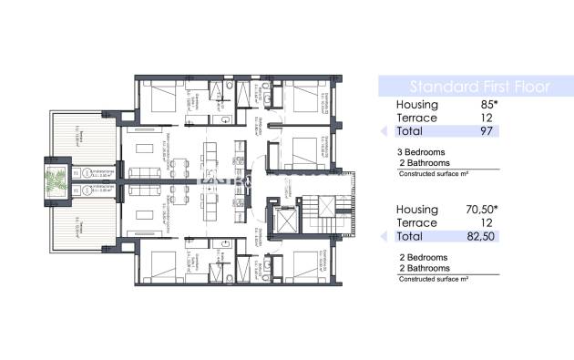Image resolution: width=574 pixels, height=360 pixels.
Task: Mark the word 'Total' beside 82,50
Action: click(x=413, y=237)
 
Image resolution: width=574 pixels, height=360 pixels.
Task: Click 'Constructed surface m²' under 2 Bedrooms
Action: click(x=434, y=280)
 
